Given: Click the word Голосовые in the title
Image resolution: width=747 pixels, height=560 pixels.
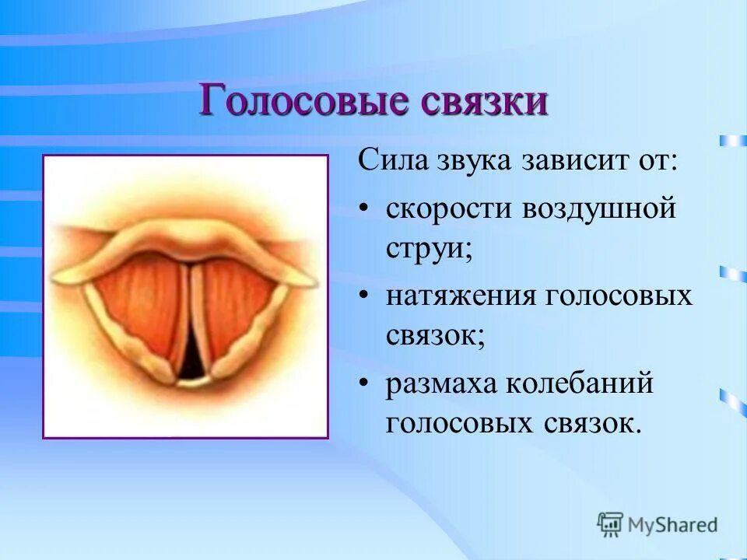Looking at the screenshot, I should pyautogui.click(x=294, y=102).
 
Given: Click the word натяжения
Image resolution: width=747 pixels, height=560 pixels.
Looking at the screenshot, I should pyautogui.click(x=462, y=297).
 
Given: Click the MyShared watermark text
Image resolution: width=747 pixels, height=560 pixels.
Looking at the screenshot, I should pyautogui.click(x=674, y=525).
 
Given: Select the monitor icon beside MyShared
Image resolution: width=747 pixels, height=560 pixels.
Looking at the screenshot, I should pyautogui.click(x=611, y=525).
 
